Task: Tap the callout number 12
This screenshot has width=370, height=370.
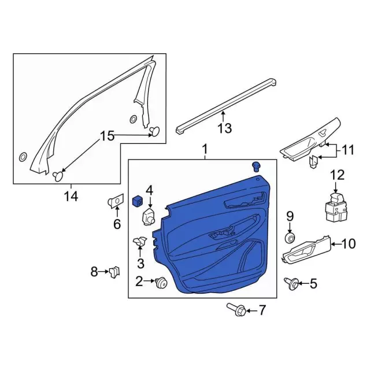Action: coord(336,174)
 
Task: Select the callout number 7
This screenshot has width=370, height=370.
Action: coord(262,311)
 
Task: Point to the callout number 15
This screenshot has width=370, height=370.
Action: coord(108,136)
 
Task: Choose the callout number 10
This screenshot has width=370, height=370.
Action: coord(349,244)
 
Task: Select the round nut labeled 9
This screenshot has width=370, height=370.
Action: coord(290,238)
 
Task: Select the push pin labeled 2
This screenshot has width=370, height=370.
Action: coord(161,282)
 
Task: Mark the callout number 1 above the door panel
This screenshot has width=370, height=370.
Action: coord(205,151)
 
